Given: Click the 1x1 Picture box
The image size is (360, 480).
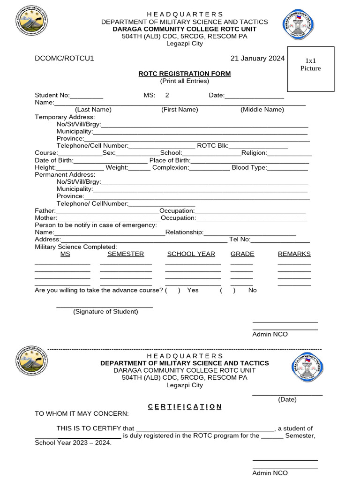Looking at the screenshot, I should [310, 69].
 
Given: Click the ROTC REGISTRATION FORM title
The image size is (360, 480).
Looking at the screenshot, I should [184, 74].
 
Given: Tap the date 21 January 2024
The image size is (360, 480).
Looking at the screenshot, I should [257, 59].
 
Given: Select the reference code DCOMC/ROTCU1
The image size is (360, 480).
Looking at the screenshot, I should [65, 59].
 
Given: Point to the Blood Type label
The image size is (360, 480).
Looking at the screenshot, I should [249, 167].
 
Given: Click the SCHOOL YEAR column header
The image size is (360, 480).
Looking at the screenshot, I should [191, 254].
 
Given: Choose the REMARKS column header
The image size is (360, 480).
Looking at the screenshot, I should [294, 254].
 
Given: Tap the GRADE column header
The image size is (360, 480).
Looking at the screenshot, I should [242, 254].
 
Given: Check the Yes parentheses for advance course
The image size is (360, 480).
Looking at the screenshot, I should [172, 290].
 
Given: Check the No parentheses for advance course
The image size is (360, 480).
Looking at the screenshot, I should [227, 290].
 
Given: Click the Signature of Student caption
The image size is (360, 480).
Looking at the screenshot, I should [105, 312].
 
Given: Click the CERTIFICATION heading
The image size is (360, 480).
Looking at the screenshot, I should [185, 406].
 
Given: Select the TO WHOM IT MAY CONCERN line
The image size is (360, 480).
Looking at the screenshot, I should [82, 413].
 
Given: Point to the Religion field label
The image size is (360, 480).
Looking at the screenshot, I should [254, 153].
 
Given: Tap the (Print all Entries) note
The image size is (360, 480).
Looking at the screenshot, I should [184, 81].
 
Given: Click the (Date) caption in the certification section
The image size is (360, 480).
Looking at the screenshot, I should [287, 399].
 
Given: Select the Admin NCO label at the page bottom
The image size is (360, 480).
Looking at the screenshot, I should [270, 473].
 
